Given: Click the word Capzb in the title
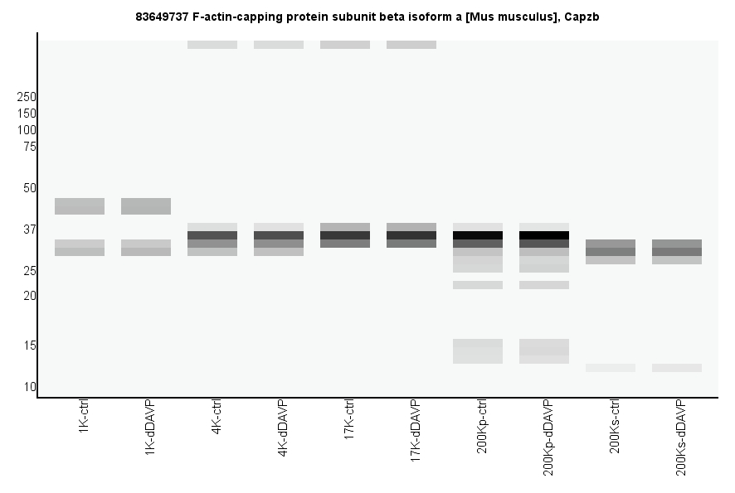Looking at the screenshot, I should coord(582,17).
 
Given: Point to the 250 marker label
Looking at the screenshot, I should coord(27,97).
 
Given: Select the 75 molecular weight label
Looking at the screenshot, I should coord(30,147).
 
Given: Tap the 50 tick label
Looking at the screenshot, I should coord(30,188).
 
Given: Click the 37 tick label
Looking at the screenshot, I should coord(30,230).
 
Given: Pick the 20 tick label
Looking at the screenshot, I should coord(30,296).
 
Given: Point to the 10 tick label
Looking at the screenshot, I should coord(30,387).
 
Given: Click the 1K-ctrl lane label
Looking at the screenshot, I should coord(84,419).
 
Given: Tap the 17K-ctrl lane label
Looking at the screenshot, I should coord(349,423).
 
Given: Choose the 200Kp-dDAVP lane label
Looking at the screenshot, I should coord(548,437).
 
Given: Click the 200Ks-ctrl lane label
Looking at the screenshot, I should coord(615,428).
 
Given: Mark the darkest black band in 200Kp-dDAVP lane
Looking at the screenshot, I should coord(544,235).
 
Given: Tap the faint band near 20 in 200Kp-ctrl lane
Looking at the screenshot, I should coord(478,285).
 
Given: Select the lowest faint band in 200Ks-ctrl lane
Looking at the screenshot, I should coord(611,368).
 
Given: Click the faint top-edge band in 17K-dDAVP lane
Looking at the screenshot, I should coord(411,45).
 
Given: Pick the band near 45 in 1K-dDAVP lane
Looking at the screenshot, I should coord(146,205).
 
